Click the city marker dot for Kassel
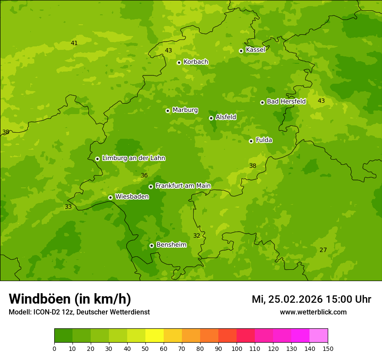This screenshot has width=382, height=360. [x=241, y=51]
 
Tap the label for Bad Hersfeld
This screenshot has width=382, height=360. [x=286, y=101]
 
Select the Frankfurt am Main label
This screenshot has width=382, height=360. [x=183, y=186]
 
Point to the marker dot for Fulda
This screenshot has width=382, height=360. [x=251, y=141]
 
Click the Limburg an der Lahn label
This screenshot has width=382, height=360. [x=133, y=158]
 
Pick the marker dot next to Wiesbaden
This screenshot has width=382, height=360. [x=110, y=197]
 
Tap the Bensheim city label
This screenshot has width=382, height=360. [x=171, y=245]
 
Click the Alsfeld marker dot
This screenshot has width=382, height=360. [x=211, y=118]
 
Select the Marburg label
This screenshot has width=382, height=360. [x=185, y=110]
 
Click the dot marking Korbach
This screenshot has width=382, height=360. [x=179, y=62]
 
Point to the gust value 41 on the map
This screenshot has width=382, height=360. [x=74, y=43]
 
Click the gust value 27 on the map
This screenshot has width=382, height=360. [x=323, y=250]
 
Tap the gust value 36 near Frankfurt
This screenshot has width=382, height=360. [x=145, y=175]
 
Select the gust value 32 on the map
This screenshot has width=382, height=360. [x=197, y=236]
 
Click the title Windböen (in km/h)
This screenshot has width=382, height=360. [x=70, y=299]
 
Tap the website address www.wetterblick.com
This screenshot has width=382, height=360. [x=313, y=312]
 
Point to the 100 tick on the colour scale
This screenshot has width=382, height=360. [x=237, y=348]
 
